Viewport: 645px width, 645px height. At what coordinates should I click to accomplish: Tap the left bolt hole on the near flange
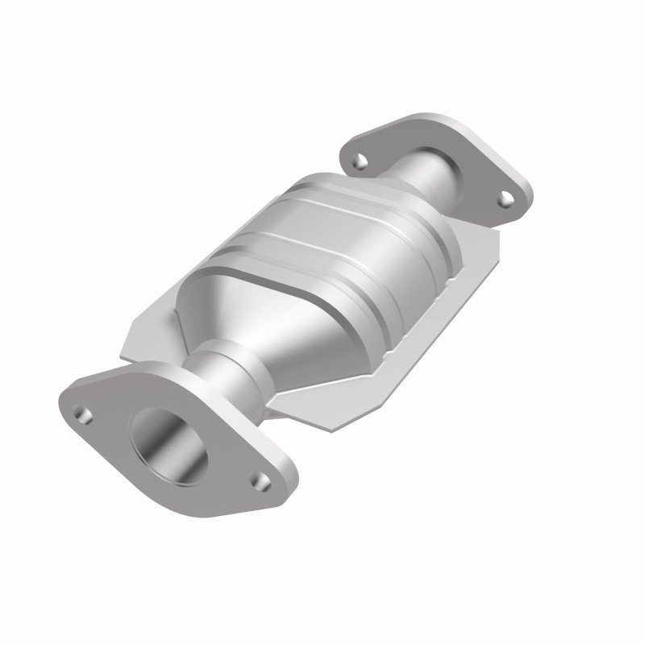(80, 413)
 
